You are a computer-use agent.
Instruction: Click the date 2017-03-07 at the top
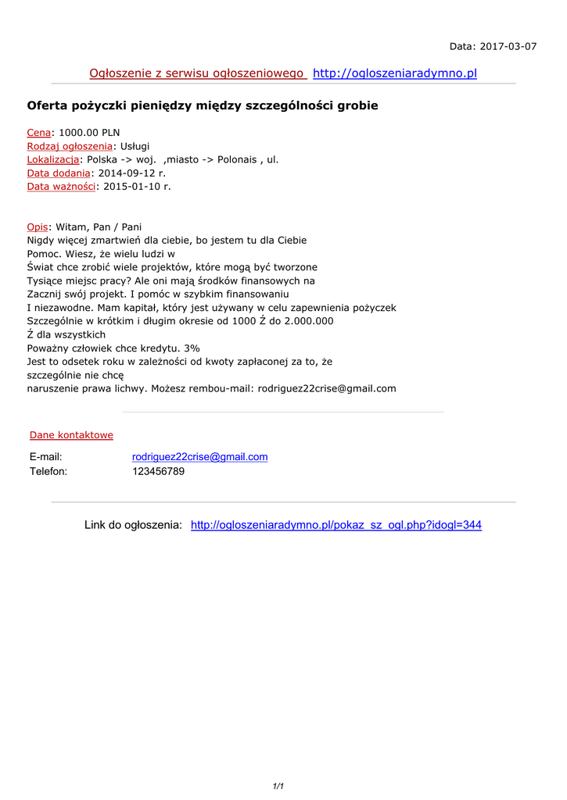(509, 46)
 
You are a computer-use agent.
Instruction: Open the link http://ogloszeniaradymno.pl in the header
(394, 73)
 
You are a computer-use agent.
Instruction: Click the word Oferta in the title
(48, 105)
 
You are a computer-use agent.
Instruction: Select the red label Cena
(39, 133)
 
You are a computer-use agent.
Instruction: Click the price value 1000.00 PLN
(89, 133)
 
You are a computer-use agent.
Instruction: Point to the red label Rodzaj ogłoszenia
(70, 146)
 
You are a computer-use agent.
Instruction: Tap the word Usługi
(135, 146)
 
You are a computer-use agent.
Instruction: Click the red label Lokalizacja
(53, 159)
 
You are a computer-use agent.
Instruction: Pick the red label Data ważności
(61, 186)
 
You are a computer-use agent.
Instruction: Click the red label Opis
(38, 227)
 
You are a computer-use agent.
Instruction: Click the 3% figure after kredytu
(192, 348)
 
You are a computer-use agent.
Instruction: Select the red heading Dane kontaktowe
(71, 435)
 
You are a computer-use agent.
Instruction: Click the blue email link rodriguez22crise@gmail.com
(199, 457)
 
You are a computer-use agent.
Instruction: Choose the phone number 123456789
(158, 471)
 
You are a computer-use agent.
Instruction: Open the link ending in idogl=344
(336, 525)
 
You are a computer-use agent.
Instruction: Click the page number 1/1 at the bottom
(278, 786)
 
